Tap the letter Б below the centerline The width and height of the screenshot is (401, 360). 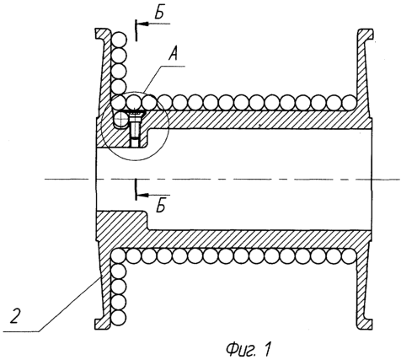pyautogui.click(x=160, y=207)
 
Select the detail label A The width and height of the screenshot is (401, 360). pyautogui.click(x=173, y=54)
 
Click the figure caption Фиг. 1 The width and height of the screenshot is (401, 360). pyautogui.click(x=249, y=349)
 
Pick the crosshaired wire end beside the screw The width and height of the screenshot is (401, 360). pyautogui.click(x=120, y=120)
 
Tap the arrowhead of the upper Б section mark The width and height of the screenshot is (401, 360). pyautogui.click(x=142, y=24)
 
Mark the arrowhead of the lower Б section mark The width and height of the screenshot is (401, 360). pyautogui.click(x=142, y=195)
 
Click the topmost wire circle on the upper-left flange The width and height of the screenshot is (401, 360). pyautogui.click(x=119, y=39)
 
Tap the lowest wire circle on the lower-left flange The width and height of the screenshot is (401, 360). pyautogui.click(x=118, y=318)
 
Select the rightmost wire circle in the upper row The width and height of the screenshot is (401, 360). pyautogui.click(x=349, y=102)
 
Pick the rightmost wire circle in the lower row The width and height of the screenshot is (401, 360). pyautogui.click(x=349, y=256)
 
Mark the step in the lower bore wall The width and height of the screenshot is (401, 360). pyautogui.click(x=147, y=221)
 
